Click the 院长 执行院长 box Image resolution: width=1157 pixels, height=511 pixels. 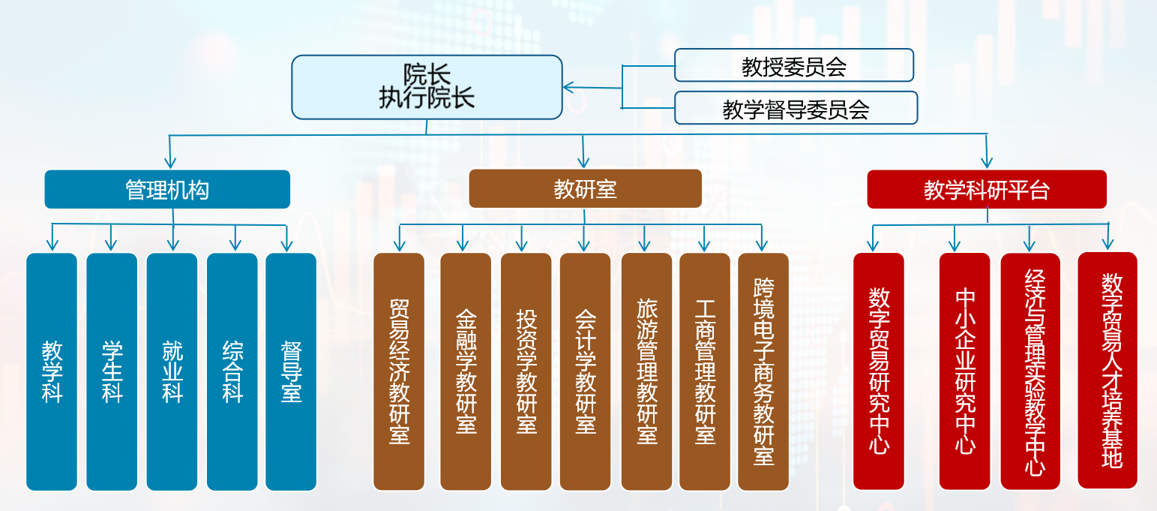pyautogui.click(x=427, y=87)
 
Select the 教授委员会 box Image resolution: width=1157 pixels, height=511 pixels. pyautogui.click(x=794, y=65)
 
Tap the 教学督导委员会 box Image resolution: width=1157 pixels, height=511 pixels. pyautogui.click(x=796, y=108)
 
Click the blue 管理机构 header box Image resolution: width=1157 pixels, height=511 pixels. pyautogui.click(x=167, y=189)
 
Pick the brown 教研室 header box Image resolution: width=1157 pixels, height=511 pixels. pyautogui.click(x=585, y=188)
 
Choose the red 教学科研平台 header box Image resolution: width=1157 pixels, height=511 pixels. pyautogui.click(x=986, y=189)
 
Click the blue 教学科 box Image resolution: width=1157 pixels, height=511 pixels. pyautogui.click(x=52, y=371)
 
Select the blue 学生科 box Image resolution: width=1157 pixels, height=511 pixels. pyautogui.click(x=112, y=371)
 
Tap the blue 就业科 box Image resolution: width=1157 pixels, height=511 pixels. pyautogui.click(x=172, y=371)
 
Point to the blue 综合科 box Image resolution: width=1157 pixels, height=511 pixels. pyautogui.click(x=232, y=371)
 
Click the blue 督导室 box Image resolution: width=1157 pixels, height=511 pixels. pyautogui.click(x=291, y=371)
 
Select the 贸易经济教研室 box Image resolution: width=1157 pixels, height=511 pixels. pyautogui.click(x=399, y=371)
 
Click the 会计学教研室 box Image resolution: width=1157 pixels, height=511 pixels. pyautogui.click(x=585, y=371)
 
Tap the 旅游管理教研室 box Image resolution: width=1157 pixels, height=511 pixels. pyautogui.click(x=646, y=371)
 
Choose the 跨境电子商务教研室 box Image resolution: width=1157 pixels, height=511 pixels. pyautogui.click(x=763, y=371)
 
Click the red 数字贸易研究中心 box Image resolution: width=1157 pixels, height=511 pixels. pyautogui.click(x=879, y=371)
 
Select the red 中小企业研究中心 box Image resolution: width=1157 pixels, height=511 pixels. pyautogui.click(x=965, y=371)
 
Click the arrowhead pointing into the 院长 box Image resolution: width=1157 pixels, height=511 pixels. pyautogui.click(x=568, y=88)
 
